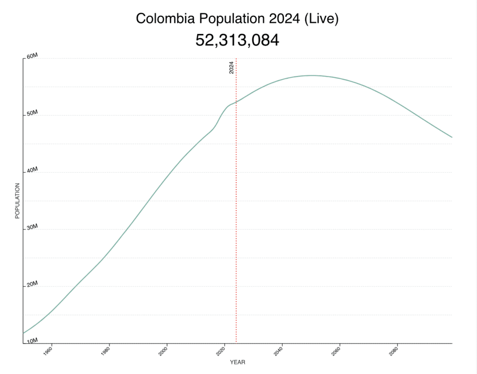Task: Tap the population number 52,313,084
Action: (x=237, y=41)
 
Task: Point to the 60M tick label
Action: (x=31, y=56)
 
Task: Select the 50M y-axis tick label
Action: (x=31, y=114)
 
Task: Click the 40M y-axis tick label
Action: (x=31, y=171)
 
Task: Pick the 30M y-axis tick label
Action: (x=31, y=228)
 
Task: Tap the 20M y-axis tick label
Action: (x=31, y=285)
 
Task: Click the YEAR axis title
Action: (x=238, y=362)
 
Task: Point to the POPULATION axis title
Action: (x=17, y=201)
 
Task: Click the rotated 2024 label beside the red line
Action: (x=232, y=68)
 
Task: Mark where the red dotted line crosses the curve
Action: (x=236, y=102)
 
